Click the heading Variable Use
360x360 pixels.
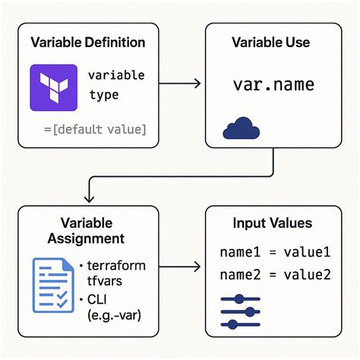271,43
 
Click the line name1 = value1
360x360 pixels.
275,252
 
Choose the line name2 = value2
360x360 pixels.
275,274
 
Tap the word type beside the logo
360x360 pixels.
103,96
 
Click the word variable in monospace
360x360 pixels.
115,76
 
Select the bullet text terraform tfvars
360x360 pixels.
115,273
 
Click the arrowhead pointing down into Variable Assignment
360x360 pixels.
90,197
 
